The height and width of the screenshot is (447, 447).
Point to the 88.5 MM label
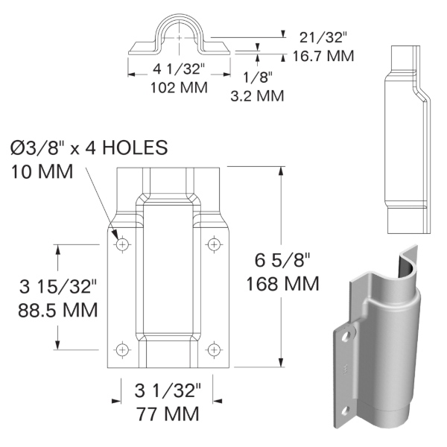(x=58, y=308)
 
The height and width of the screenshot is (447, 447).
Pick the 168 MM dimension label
(x=282, y=284)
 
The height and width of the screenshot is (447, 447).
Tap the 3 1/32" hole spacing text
(x=168, y=390)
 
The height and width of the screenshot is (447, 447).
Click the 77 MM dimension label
(x=168, y=413)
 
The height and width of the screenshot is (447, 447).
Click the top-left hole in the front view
(x=122, y=244)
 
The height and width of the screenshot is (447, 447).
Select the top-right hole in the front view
(x=214, y=244)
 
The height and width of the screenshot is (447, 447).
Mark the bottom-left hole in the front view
(x=122, y=348)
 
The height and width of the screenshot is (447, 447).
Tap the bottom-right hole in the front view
(x=214, y=348)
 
